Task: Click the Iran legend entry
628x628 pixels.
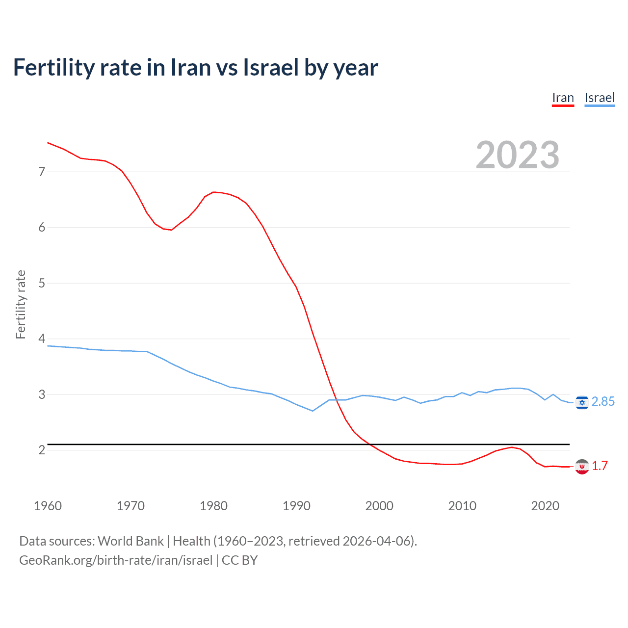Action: (x=563, y=98)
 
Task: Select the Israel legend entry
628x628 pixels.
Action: (x=600, y=98)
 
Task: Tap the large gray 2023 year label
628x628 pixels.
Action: (x=518, y=155)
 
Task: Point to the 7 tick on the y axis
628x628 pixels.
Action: (x=42, y=172)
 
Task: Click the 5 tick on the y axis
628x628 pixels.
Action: (x=42, y=283)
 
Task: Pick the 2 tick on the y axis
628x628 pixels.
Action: (x=42, y=450)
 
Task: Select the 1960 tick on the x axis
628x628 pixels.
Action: (x=48, y=506)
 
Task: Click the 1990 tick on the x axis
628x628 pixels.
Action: (x=296, y=506)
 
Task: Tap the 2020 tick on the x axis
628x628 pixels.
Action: (x=545, y=506)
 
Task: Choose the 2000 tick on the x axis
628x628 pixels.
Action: (x=379, y=506)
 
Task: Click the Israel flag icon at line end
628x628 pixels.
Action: (x=582, y=402)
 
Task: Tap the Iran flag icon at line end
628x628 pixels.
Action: (x=582, y=467)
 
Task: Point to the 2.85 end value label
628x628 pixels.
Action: (x=603, y=402)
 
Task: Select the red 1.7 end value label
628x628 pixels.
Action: (x=600, y=466)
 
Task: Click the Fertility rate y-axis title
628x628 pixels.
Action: (x=21, y=304)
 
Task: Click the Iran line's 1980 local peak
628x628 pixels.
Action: (x=214, y=192)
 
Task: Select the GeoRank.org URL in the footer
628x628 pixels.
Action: (x=116, y=560)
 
